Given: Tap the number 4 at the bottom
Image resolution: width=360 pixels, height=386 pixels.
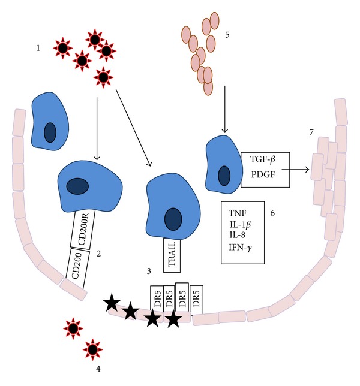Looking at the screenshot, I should tap(98, 368).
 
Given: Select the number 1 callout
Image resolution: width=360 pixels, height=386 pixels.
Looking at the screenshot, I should tap(39, 48).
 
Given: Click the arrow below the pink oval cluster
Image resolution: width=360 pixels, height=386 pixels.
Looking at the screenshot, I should tap(224, 109).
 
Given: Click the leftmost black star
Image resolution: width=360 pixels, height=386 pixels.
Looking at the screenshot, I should tap(112, 303).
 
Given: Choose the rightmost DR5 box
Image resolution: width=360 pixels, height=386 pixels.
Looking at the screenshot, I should tap(196, 298).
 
